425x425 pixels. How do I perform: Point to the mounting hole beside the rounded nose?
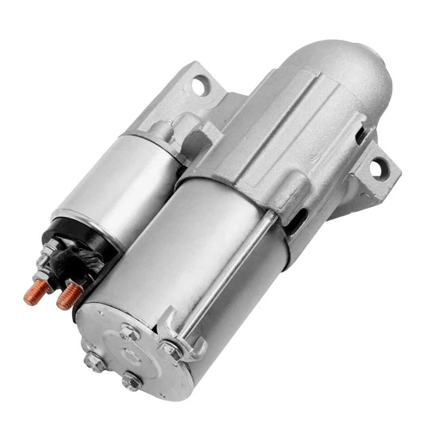click(376, 168)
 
